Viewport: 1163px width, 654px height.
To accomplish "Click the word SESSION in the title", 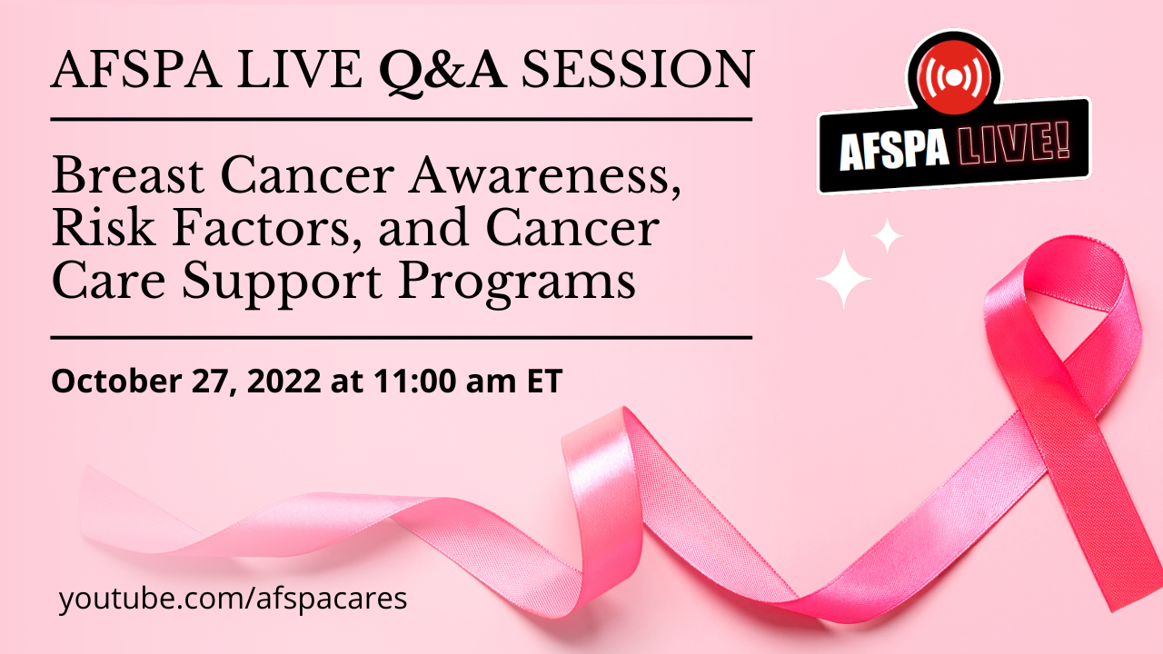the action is tap(638, 69).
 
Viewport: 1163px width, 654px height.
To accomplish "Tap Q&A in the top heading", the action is tap(442, 73).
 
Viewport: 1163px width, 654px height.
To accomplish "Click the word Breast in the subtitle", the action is tap(128, 175).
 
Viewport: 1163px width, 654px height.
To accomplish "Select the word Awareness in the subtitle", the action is tap(544, 176).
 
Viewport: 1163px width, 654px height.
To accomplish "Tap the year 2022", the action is tap(284, 381).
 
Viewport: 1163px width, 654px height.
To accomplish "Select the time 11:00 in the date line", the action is tap(415, 381).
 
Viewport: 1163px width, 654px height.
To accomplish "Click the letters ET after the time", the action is tap(544, 381).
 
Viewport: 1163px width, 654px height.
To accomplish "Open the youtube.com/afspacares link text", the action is tap(234, 599).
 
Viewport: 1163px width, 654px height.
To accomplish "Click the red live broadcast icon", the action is tap(954, 77).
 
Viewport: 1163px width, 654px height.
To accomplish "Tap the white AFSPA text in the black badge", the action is tap(894, 151).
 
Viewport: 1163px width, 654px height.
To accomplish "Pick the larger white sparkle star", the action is tap(843, 279).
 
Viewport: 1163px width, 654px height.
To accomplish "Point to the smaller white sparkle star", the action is tap(888, 236).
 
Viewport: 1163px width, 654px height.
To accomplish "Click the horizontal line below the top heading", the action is tap(402, 119).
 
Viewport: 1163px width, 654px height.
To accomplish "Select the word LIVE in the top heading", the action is tap(300, 69).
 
